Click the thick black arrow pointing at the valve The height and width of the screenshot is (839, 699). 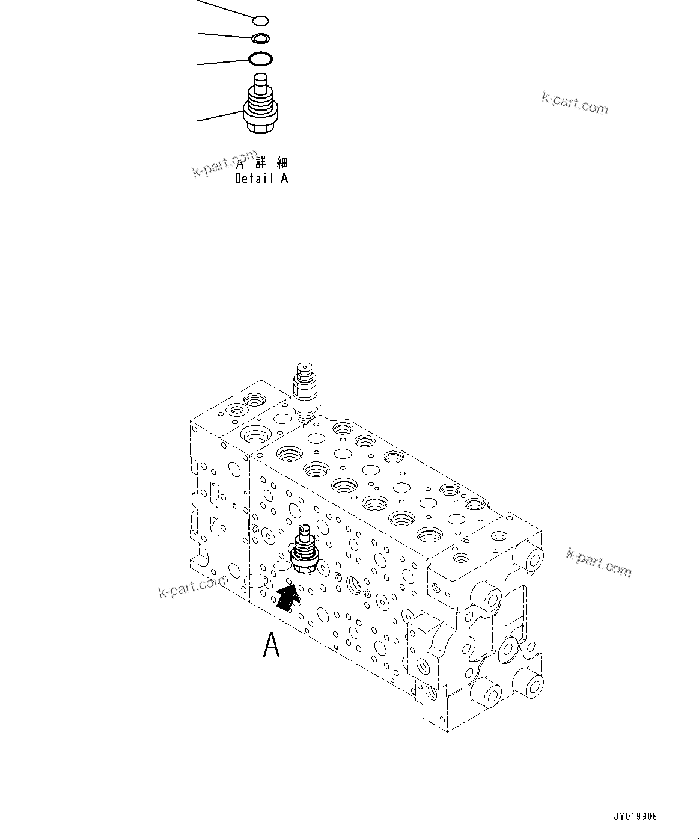[x=287, y=599]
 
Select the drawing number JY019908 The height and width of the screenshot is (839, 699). [x=635, y=817]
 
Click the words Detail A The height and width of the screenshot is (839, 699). [x=261, y=179]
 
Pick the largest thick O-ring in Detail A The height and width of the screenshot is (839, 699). [x=260, y=59]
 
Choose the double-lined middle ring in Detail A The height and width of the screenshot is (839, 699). [x=260, y=39]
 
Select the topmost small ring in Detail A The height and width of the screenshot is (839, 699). [x=260, y=22]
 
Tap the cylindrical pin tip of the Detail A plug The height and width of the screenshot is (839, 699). [x=260, y=81]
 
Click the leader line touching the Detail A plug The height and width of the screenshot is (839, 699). [x=219, y=116]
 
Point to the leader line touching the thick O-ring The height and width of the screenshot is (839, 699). [x=222, y=62]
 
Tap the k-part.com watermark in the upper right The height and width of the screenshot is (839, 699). [x=574, y=103]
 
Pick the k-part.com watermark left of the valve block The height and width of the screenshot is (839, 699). [x=190, y=588]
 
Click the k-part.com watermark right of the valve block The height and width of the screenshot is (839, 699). [x=599, y=562]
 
